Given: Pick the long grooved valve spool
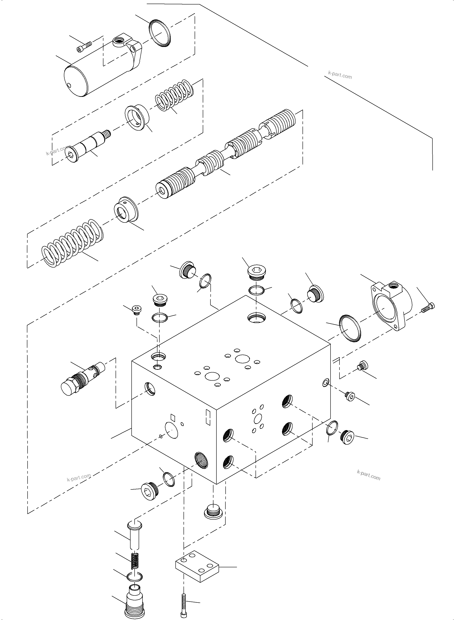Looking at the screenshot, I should [225, 154].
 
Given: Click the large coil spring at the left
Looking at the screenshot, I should [73, 243].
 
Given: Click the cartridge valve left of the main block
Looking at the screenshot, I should [82, 379].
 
